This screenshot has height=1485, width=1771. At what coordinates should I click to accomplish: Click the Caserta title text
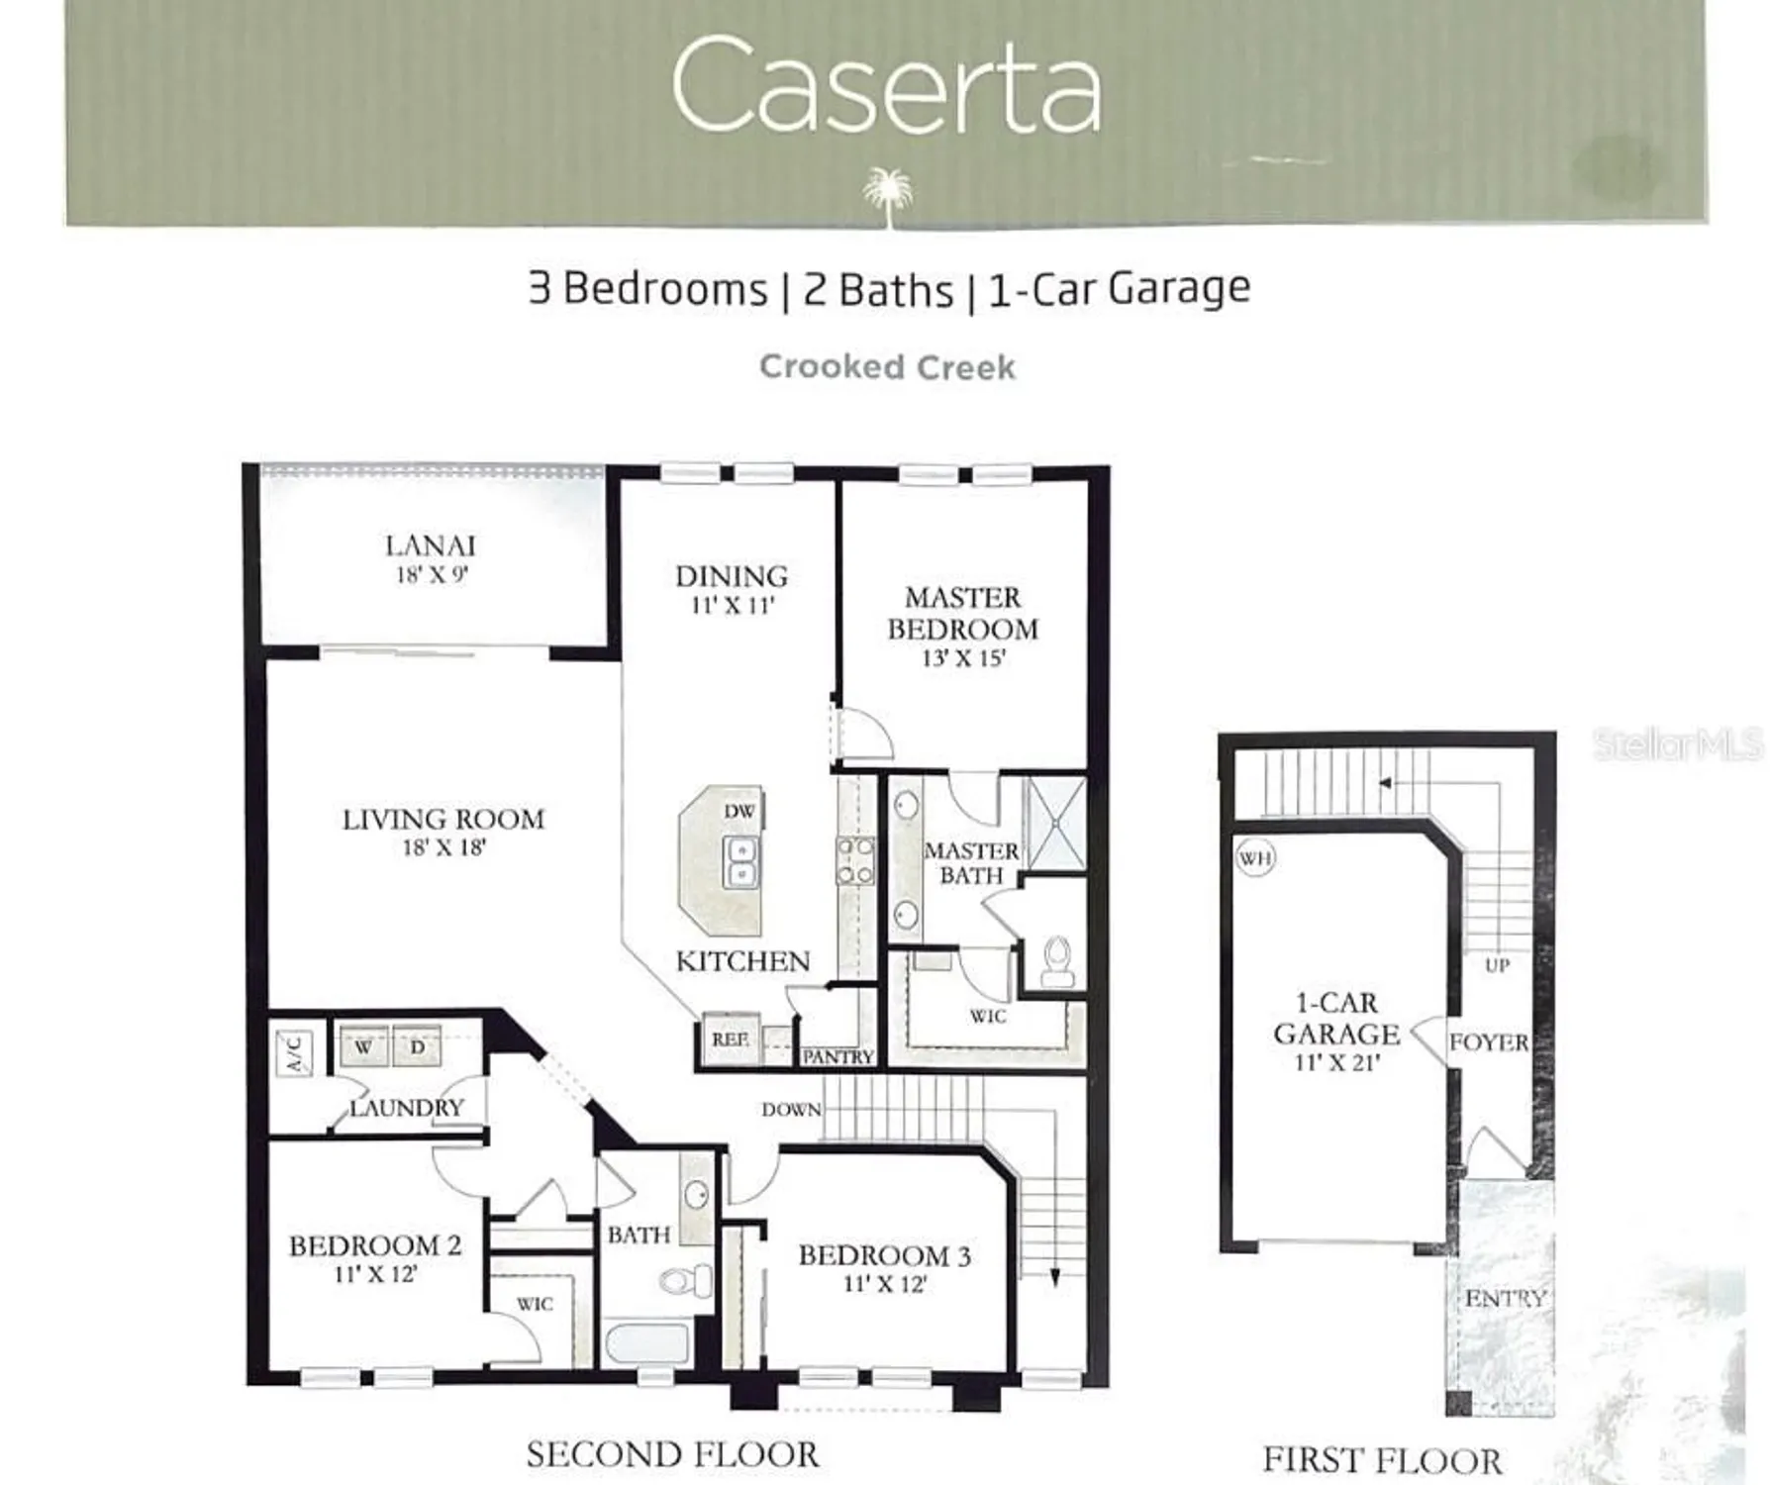pos(885,85)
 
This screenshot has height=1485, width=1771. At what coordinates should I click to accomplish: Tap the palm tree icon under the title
pos(886,194)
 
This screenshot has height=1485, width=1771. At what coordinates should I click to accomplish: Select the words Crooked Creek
pos(887,367)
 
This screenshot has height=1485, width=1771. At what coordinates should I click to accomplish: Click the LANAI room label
pos(430,545)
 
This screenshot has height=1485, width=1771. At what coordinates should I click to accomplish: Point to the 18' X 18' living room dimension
pos(443,847)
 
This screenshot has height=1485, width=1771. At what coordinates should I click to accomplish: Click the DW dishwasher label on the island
pos(738,811)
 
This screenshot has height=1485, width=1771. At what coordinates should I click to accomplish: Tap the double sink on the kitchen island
pos(741,862)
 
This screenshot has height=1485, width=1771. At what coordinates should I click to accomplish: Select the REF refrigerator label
pos(730,1039)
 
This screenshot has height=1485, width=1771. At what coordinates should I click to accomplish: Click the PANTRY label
pos(837,1057)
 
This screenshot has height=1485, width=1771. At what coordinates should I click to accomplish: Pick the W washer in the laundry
pos(363,1046)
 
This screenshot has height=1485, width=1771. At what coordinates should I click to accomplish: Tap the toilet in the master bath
pos(1057,960)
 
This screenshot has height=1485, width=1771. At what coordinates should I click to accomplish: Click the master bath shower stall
pos(1055,824)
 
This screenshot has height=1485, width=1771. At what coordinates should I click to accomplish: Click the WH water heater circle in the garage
pos(1254,857)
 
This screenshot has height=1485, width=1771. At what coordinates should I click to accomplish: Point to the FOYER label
pos(1488,1042)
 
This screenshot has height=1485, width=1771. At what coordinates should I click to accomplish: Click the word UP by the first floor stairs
pos(1497,964)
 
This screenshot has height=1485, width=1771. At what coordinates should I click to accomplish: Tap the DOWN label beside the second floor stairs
pos(791,1110)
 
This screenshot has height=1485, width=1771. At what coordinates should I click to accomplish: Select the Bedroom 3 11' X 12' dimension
pos(884,1284)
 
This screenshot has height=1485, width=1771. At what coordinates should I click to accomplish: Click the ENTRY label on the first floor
pos(1505,1298)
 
